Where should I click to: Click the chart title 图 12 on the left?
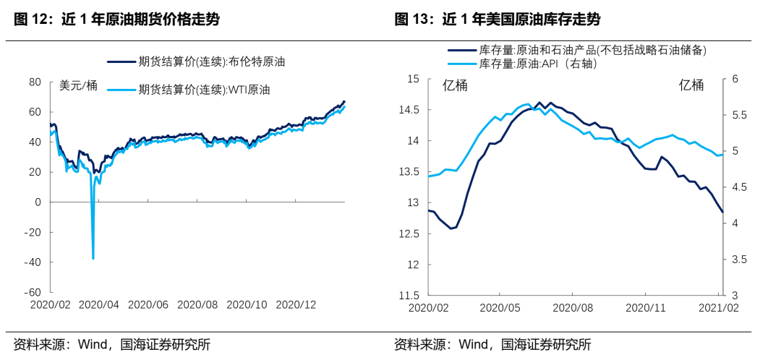point(116,20)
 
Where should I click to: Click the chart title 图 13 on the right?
point(497,20)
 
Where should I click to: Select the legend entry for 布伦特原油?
point(211,62)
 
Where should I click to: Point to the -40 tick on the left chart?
point(33,262)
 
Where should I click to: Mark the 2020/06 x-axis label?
point(149,305)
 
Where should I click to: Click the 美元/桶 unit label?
point(78,86)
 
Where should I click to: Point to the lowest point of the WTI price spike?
point(93,258)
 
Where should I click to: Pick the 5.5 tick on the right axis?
point(738,115)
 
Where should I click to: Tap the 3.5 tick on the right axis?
point(738,260)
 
